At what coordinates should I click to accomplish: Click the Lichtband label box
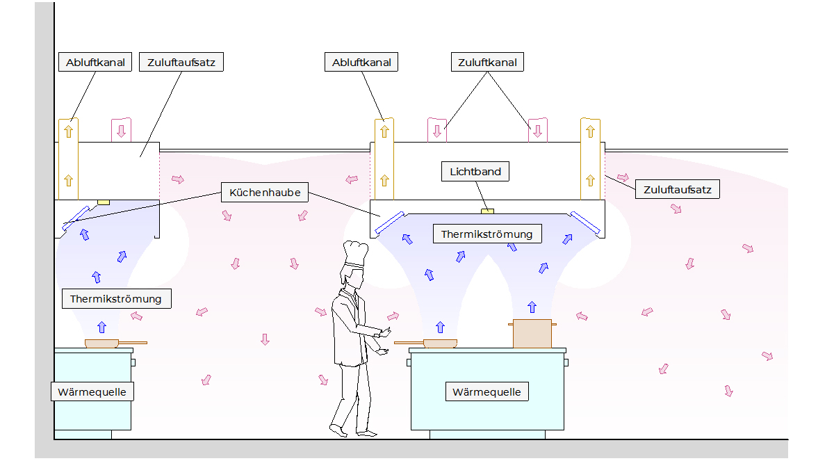(x=475, y=172)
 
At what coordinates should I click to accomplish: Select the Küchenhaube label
(x=264, y=193)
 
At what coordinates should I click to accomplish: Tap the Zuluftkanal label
(x=487, y=63)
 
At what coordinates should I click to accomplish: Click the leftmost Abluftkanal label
(x=95, y=63)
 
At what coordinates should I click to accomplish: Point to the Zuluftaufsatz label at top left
(x=181, y=63)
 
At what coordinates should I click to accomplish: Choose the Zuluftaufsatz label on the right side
(x=678, y=188)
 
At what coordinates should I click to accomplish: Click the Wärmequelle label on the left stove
(x=92, y=392)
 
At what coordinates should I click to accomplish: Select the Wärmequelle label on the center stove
(x=486, y=392)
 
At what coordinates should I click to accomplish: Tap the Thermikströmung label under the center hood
(x=486, y=234)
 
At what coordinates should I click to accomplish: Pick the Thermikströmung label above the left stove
(x=116, y=299)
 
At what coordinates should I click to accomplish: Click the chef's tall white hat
(x=355, y=254)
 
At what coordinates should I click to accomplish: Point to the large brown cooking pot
(x=532, y=334)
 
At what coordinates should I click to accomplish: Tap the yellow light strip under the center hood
(x=488, y=210)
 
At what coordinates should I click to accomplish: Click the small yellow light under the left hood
(x=104, y=202)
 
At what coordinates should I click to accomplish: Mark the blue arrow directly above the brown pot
(x=532, y=307)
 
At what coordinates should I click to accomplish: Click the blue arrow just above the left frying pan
(x=102, y=325)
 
